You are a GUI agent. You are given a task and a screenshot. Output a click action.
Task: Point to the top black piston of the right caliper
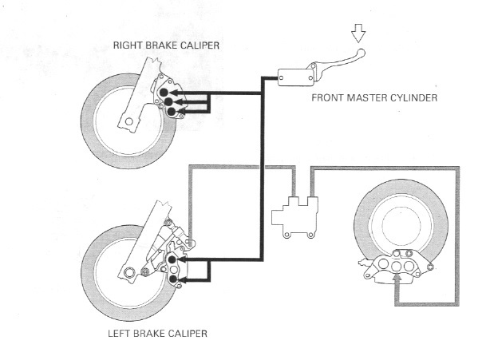click(164, 93)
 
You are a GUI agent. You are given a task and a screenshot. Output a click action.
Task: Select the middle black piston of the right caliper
click(168, 101)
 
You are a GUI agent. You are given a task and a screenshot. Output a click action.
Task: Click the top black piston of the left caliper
click(172, 259)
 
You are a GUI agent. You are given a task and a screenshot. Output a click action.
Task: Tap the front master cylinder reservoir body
click(293, 76)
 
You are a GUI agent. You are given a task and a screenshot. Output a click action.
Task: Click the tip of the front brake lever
click(362, 55)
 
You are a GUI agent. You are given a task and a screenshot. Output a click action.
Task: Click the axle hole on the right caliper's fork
click(124, 122)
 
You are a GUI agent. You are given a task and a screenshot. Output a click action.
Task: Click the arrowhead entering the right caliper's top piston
click(179, 93)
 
